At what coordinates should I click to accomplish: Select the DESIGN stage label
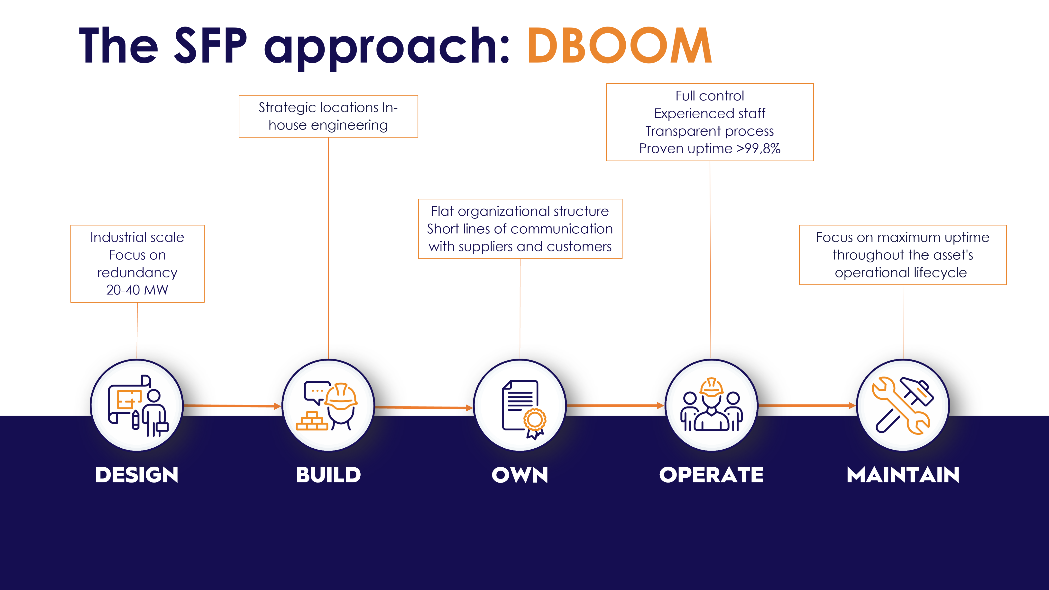(x=137, y=475)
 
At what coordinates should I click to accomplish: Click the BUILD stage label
(x=328, y=475)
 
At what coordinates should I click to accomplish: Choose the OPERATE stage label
(x=711, y=475)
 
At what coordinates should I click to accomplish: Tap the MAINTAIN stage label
(x=903, y=475)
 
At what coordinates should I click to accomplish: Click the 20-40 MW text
(x=137, y=290)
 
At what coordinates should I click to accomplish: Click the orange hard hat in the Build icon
(x=341, y=396)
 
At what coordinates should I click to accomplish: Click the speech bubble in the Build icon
(x=316, y=391)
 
